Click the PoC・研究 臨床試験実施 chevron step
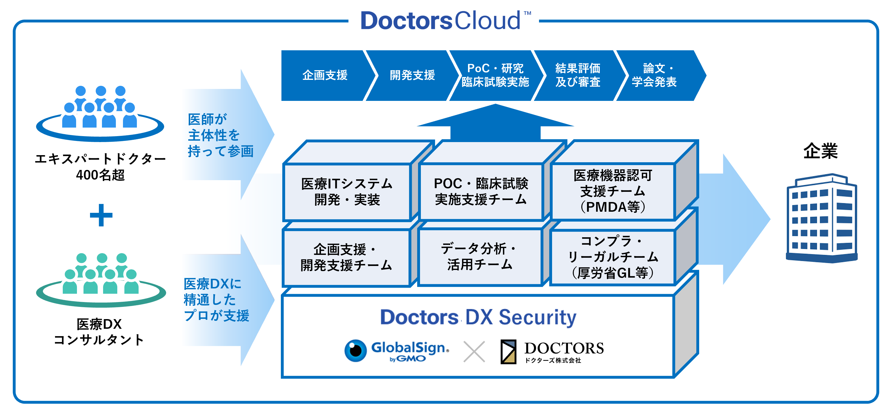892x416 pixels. tap(495, 75)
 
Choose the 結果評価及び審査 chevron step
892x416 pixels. tap(578, 75)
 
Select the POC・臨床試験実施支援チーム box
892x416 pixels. tap(481, 192)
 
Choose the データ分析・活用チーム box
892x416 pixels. tap(480, 257)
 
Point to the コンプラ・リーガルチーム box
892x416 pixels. tap(613, 257)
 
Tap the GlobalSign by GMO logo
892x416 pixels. tap(397, 351)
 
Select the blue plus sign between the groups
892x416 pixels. tap(101, 215)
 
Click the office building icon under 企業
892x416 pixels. tap(822, 218)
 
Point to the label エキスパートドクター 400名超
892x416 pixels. tap(101, 167)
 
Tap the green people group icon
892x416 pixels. tap(101, 280)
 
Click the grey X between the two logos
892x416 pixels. tap(474, 351)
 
